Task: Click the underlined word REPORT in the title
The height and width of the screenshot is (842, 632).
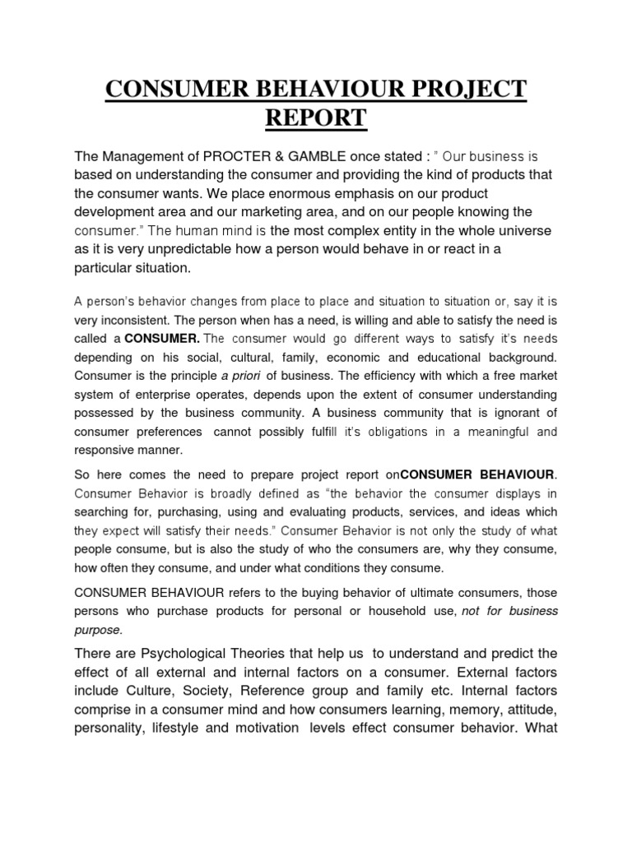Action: click(315, 118)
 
